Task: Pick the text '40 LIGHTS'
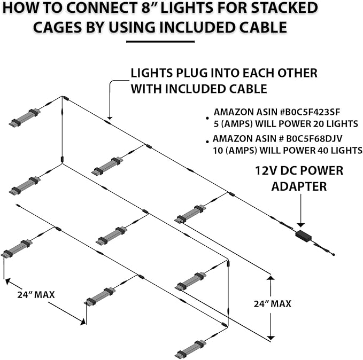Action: pyautogui.click(x=338, y=150)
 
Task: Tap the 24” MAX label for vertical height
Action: pyautogui.click(x=273, y=303)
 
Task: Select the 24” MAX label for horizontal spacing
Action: pyautogui.click(x=35, y=294)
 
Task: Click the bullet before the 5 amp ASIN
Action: pyautogui.click(x=207, y=116)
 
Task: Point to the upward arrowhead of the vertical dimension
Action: pyautogui.click(x=271, y=278)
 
